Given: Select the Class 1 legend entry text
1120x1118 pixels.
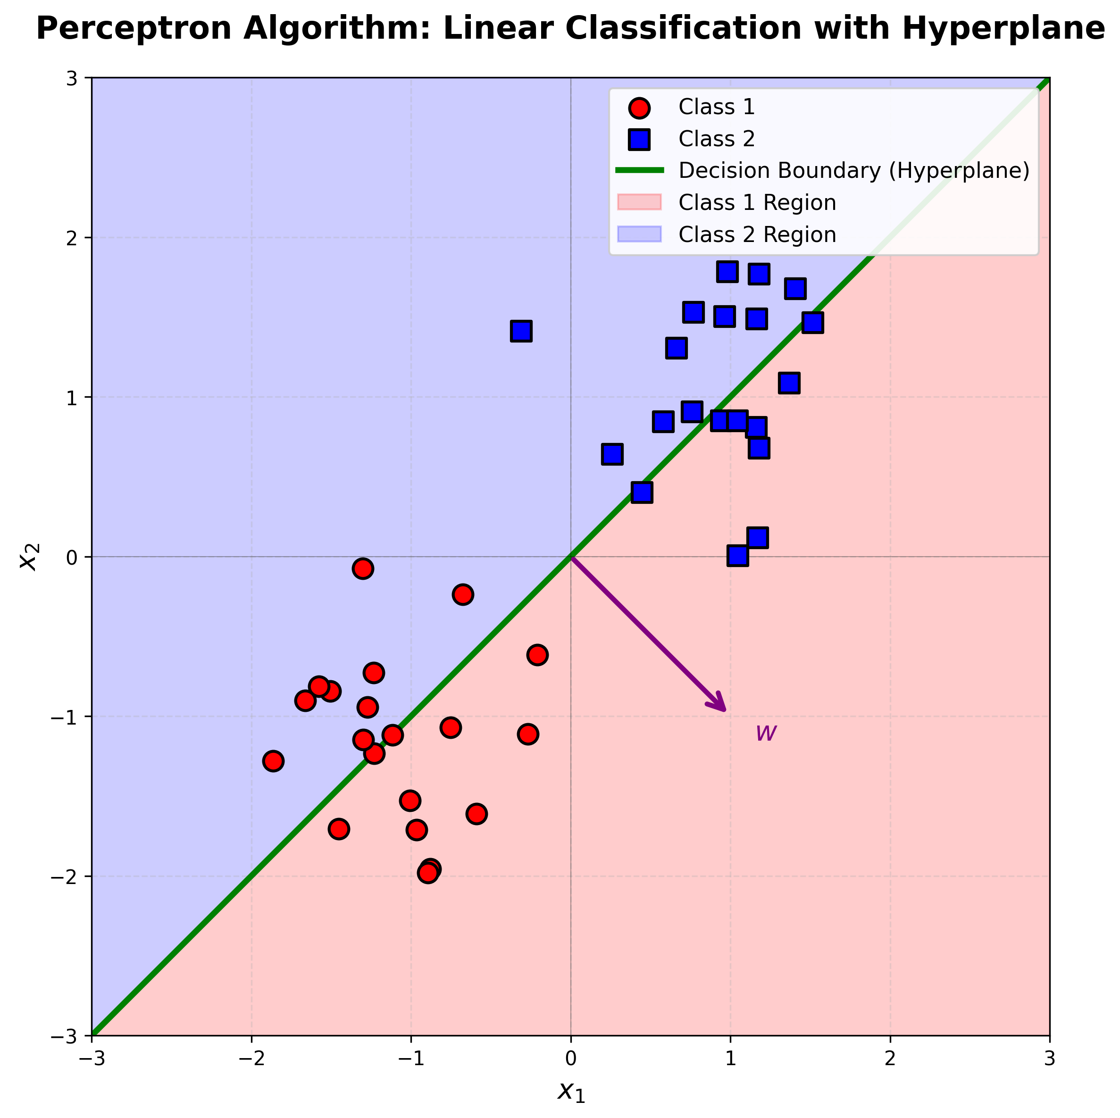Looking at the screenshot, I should click(717, 107).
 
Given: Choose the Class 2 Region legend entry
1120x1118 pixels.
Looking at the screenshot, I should click(757, 235).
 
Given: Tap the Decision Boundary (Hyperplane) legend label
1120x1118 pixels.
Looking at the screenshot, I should click(854, 171).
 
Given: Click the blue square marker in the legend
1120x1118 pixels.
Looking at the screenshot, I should click(639, 139).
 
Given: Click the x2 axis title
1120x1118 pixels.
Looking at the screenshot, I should click(29, 556).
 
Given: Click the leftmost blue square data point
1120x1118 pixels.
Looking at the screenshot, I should click(521, 332).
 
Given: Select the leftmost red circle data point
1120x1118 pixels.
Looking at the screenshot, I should click(273, 760).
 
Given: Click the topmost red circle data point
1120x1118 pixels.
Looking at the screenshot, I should click(362, 568).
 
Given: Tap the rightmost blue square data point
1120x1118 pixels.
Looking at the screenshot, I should click(813, 322).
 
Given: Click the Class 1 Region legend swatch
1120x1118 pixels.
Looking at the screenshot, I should click(639, 202).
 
